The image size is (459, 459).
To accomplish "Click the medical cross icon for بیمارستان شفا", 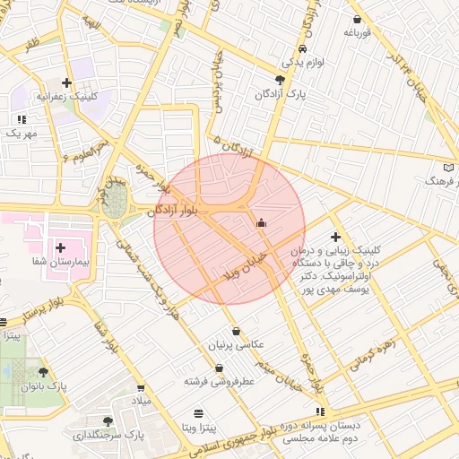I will pos(61,247).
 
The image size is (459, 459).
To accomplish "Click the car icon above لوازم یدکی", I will pos(303,48).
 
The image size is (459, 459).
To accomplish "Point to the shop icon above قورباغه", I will pos(358,19).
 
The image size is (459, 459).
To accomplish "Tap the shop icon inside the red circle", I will pos(261,222).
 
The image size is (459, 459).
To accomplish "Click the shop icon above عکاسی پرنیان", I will pos(236,331).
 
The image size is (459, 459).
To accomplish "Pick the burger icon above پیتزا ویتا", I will pos(198,412).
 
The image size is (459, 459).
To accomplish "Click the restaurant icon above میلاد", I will pos(143,385).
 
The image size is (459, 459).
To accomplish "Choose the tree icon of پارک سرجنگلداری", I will pos(108,420).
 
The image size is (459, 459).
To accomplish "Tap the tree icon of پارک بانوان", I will pos(42,371).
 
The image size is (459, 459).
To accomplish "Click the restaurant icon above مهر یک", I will pos(21,118).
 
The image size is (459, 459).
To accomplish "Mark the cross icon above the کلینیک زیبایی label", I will pos(335,238).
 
